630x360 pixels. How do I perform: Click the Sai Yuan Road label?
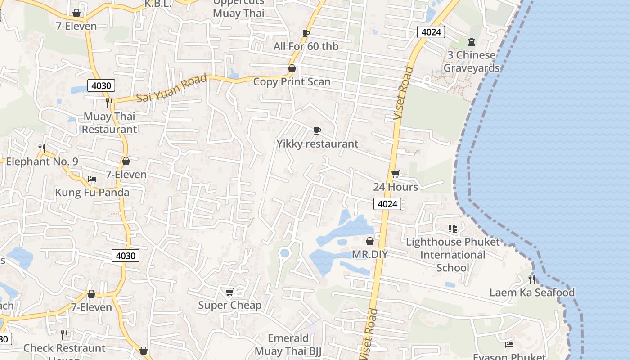click(171, 88)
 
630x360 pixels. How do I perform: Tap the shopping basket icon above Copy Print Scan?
click(292, 69)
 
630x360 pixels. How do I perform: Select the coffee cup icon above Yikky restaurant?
click(317, 131)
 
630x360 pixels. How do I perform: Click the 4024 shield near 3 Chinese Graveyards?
click(431, 32)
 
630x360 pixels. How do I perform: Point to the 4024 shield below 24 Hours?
click(387, 204)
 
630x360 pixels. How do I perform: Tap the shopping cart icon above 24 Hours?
click(395, 174)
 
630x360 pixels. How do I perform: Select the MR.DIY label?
click(369, 254)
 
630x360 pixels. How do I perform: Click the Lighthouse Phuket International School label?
click(452, 255)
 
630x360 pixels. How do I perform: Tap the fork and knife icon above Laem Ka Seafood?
click(532, 279)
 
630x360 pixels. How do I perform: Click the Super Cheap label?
click(229, 305)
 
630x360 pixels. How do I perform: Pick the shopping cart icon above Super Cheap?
click(229, 292)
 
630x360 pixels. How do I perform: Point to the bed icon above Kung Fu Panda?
click(92, 179)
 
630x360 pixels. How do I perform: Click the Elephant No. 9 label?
click(42, 162)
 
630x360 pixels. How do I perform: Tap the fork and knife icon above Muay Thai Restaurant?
click(109, 103)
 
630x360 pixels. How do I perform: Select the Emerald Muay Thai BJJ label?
click(288, 345)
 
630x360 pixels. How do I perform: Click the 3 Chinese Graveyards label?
click(471, 62)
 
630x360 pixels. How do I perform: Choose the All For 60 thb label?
click(306, 46)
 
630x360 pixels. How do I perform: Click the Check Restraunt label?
click(64, 348)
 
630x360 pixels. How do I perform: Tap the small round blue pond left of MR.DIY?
click(284, 253)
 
